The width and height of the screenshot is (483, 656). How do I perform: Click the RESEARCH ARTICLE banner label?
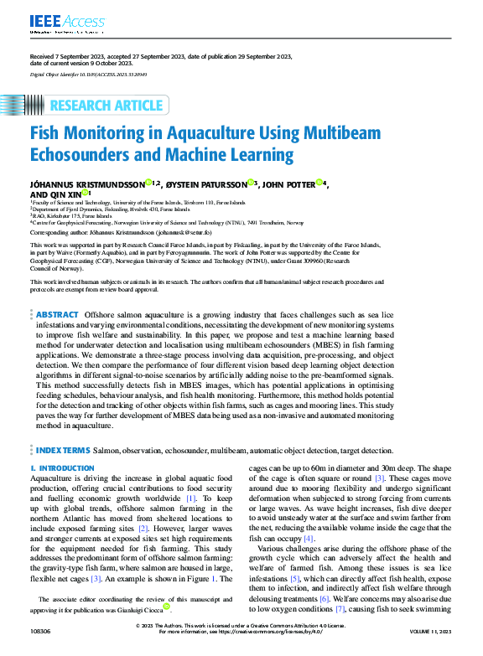click(x=106, y=106)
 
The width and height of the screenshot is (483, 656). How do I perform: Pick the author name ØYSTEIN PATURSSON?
click(x=205, y=183)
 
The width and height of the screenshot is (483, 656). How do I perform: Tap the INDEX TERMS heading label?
click(x=63, y=451)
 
